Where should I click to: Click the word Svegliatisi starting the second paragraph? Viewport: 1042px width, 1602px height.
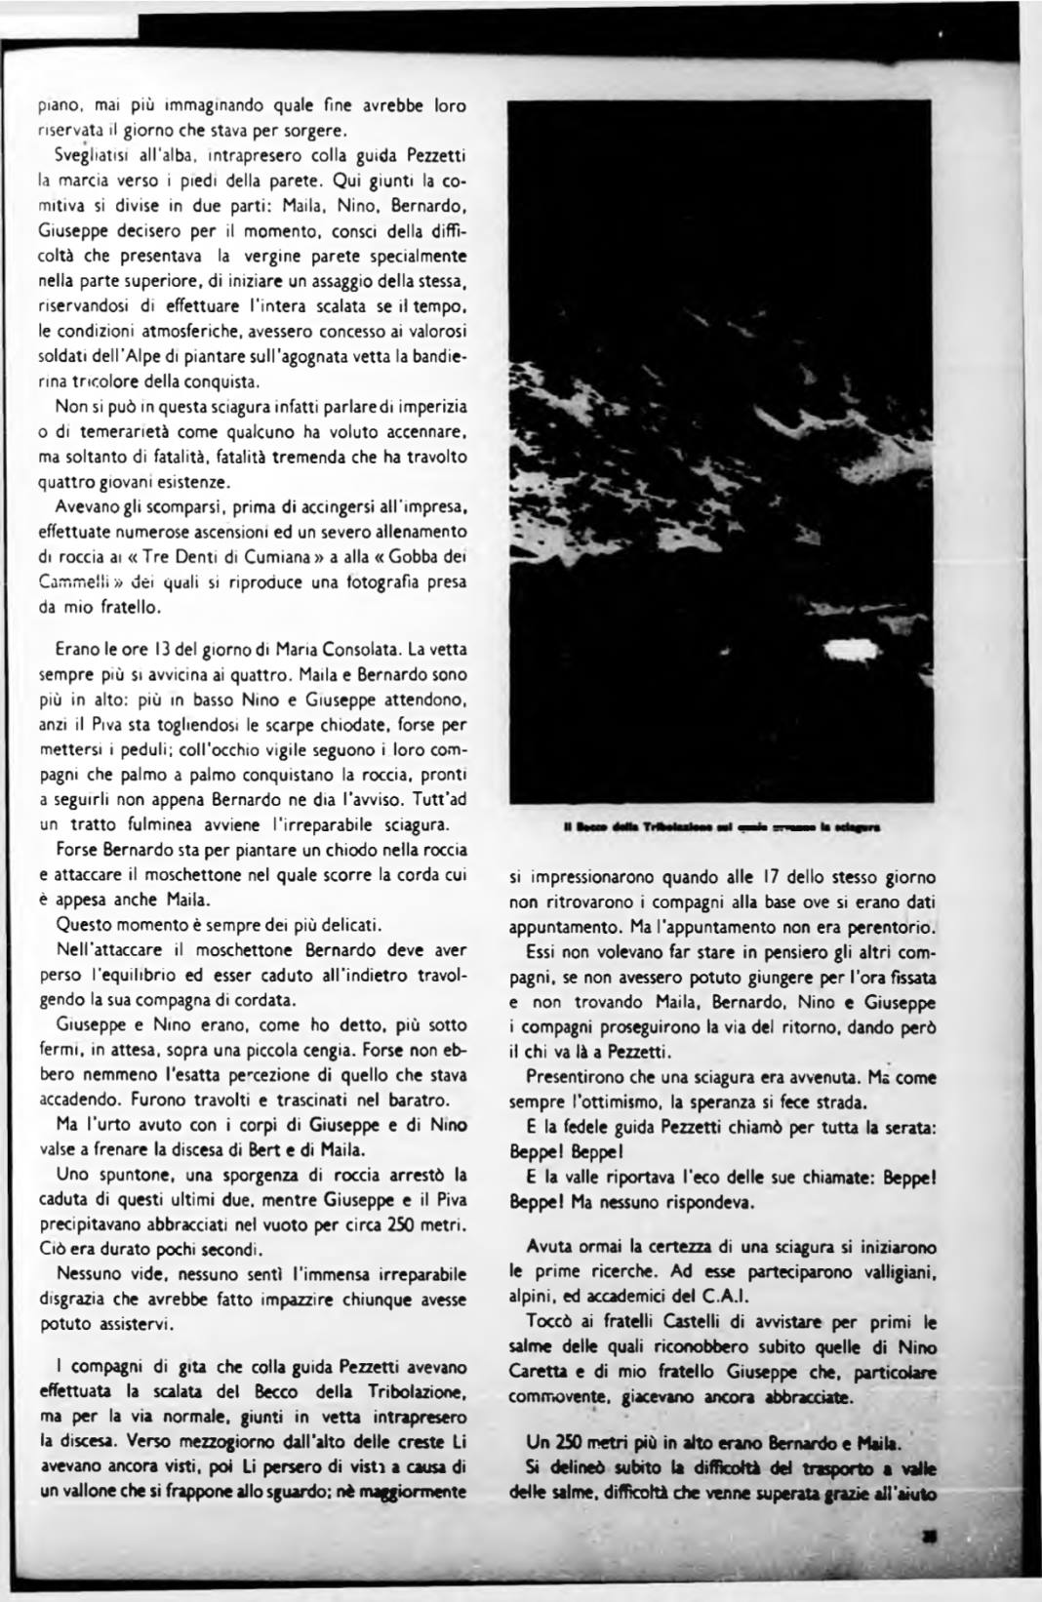[x=94, y=156]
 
